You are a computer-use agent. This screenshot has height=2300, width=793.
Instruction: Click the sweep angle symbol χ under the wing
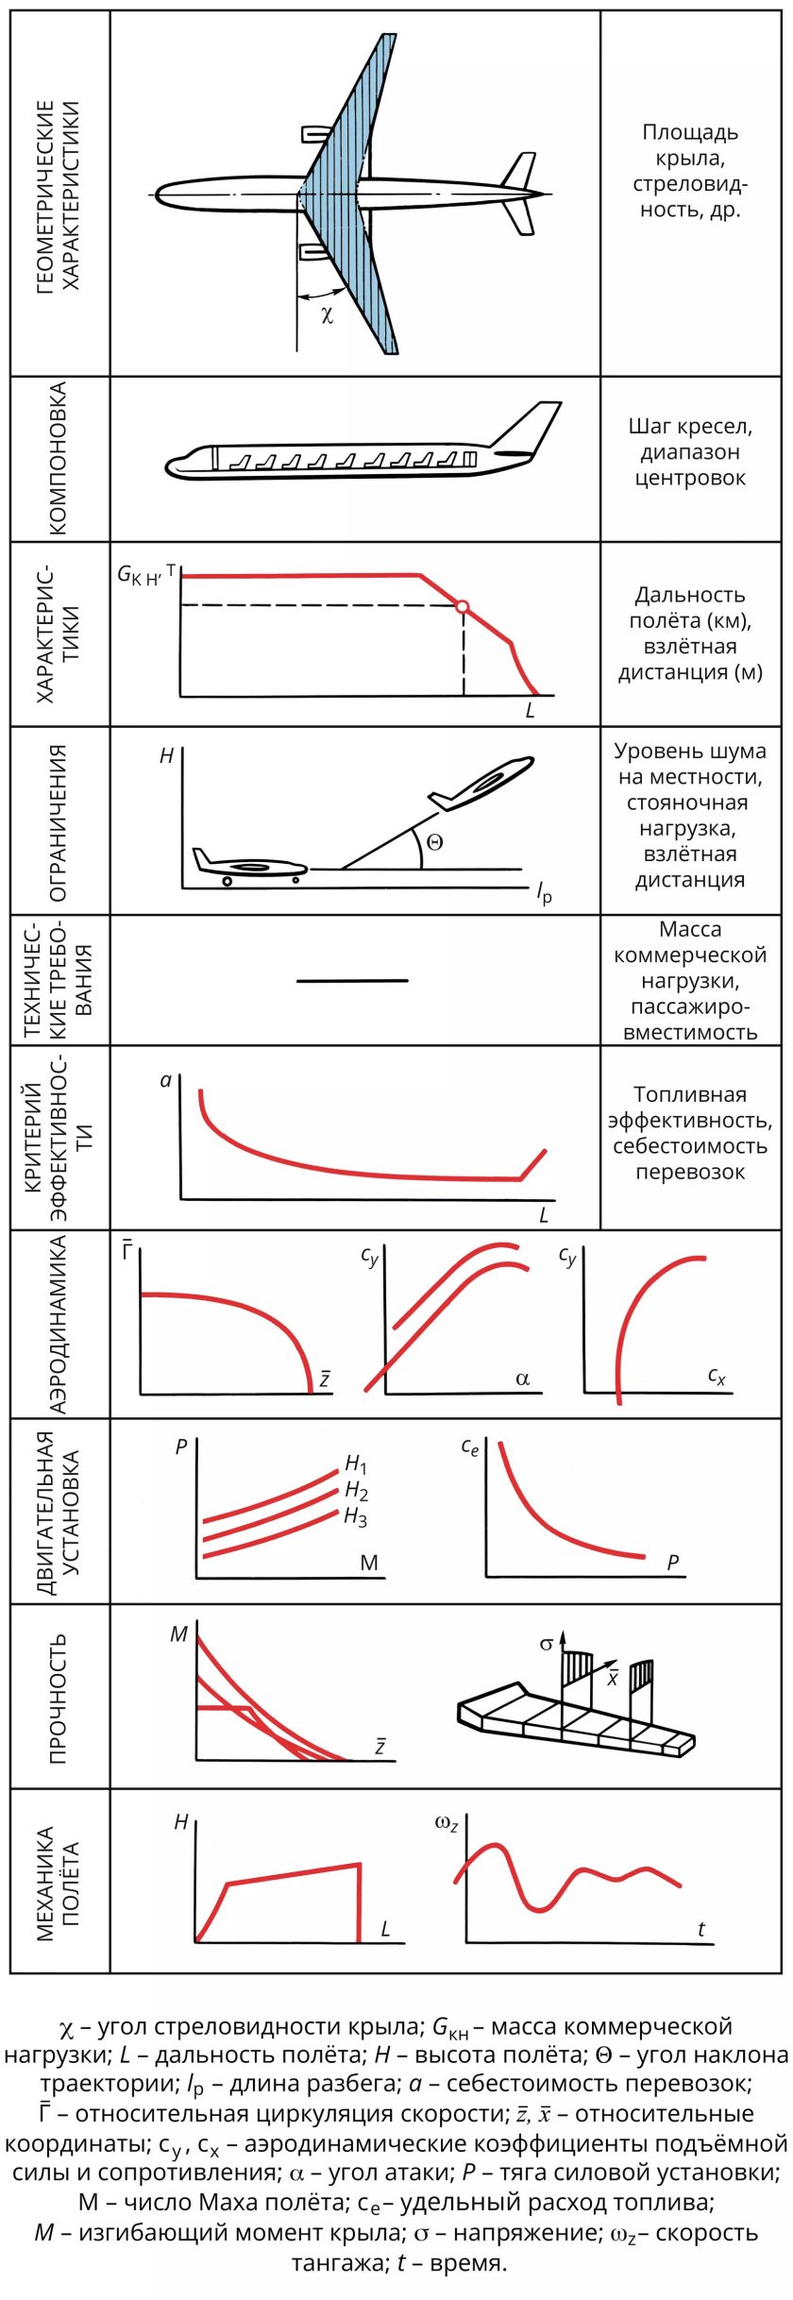click(x=328, y=313)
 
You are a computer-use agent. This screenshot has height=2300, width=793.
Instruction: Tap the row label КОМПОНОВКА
click(x=58, y=458)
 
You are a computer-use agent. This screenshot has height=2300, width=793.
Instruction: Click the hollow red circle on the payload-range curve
click(x=462, y=607)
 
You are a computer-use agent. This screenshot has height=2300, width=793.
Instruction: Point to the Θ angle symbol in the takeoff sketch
click(x=434, y=842)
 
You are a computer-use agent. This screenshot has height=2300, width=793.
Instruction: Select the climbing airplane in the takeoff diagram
click(x=481, y=783)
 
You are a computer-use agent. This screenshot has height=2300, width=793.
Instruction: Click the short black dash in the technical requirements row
click(x=352, y=980)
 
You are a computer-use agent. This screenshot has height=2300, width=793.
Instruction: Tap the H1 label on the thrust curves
click(x=356, y=1464)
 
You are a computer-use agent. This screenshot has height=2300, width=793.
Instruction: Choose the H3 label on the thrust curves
click(x=356, y=1517)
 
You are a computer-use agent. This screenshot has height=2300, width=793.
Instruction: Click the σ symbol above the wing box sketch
click(x=547, y=1644)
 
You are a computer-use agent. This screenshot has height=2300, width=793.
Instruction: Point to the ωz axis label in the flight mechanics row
click(x=447, y=1823)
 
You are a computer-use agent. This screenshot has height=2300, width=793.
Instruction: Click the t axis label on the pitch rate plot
click(x=700, y=1929)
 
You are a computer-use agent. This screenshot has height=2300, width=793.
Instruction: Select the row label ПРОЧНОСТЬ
click(x=58, y=1699)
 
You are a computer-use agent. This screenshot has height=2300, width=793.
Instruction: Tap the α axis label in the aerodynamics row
click(x=523, y=1379)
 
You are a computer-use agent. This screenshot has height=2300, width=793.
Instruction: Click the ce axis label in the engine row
click(x=470, y=1446)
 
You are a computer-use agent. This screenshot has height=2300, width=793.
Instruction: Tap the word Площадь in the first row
click(x=690, y=133)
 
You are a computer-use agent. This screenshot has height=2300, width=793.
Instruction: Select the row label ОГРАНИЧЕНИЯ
click(x=58, y=822)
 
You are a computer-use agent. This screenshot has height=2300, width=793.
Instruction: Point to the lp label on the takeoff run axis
click(x=545, y=892)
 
